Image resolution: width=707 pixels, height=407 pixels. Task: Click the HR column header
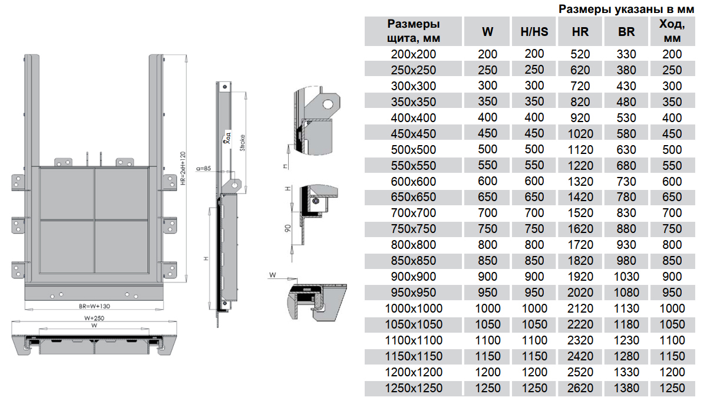(x=580, y=32)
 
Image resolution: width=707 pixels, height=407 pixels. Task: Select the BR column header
(x=626, y=32)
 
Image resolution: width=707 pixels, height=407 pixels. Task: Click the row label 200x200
(x=414, y=54)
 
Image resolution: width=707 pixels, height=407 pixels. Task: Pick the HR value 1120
(x=580, y=150)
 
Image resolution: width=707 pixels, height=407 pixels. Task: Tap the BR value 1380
(x=626, y=388)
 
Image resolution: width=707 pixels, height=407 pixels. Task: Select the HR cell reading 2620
(x=580, y=388)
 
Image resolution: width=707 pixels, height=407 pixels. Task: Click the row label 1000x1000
(x=414, y=308)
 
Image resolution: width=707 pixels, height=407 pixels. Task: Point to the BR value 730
(x=626, y=182)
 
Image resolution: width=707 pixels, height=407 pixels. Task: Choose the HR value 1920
(x=580, y=277)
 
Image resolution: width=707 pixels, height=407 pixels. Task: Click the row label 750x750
(x=414, y=229)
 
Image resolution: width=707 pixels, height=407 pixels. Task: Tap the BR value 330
(x=626, y=54)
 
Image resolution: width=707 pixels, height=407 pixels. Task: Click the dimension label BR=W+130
(x=95, y=306)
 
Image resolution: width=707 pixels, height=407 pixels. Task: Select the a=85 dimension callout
(x=203, y=170)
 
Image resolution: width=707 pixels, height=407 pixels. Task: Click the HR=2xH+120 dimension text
(x=183, y=171)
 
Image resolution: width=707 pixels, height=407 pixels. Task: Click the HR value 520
(x=580, y=54)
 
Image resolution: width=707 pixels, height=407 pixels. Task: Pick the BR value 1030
(x=626, y=277)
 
